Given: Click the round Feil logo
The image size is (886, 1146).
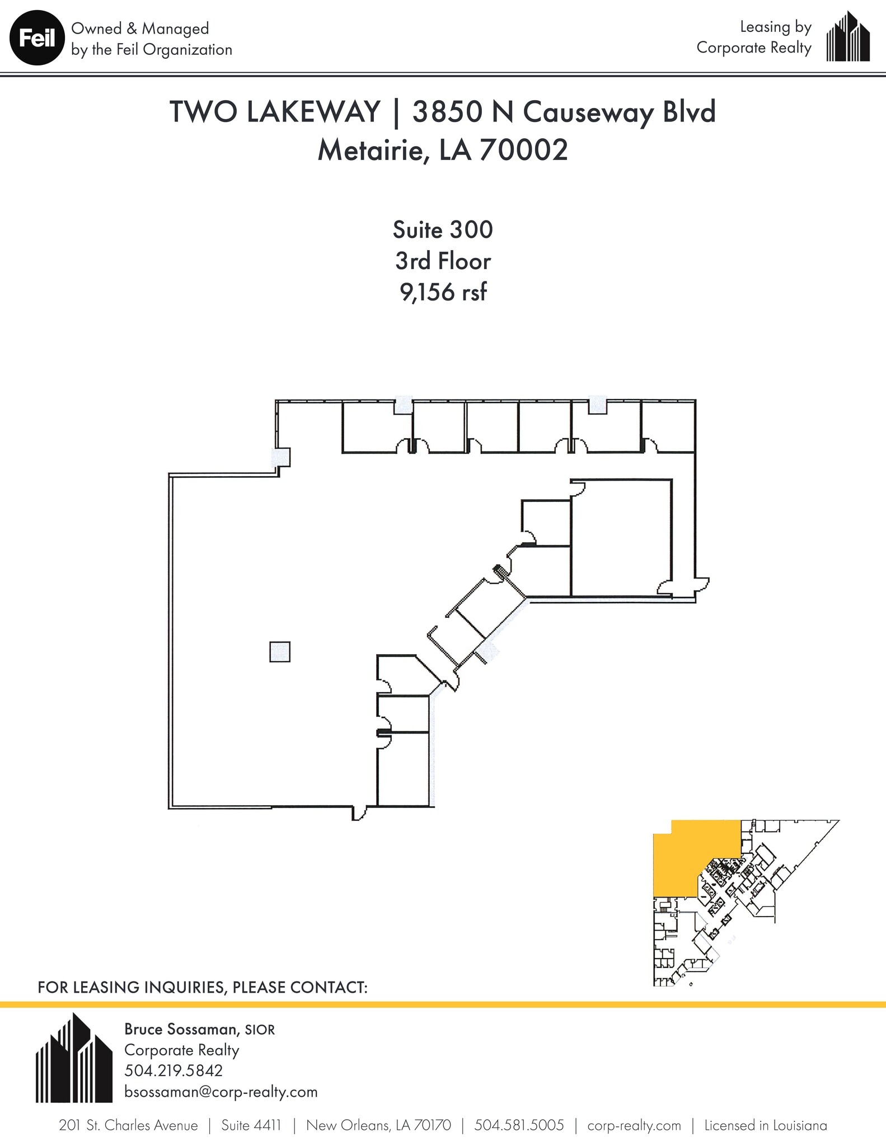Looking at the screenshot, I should point(37,39).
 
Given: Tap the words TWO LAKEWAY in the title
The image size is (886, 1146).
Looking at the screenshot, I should point(275,111).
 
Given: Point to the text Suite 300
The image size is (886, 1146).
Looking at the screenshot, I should point(442,230).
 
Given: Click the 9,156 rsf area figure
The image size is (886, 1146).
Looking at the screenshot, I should point(442,292).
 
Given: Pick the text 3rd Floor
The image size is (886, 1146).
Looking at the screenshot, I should point(442,261).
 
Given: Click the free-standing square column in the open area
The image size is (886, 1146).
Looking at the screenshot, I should point(280,652).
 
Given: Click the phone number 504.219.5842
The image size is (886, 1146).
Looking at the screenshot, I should point(173,1070).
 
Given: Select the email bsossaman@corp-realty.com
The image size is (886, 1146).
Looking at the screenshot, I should point(221,1092).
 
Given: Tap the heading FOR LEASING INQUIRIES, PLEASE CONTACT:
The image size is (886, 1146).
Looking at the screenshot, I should point(202,987).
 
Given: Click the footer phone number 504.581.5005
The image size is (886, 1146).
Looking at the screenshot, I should point(519,1125).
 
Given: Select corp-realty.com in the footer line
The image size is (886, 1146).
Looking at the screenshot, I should point(634,1125).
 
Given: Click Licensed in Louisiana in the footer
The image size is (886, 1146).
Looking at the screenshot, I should point(765,1125).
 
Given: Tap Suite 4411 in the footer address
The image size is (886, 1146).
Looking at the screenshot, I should point(251,1125).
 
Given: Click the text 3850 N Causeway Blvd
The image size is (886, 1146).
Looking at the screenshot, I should point(564,111).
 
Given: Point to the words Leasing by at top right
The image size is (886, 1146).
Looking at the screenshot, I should point(775,27).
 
